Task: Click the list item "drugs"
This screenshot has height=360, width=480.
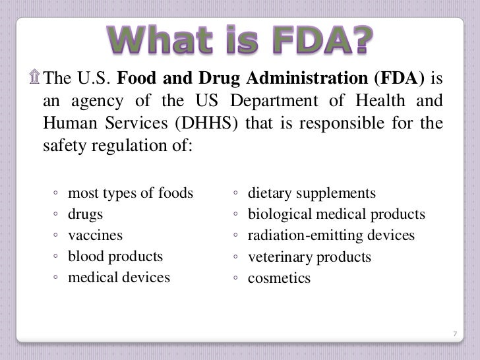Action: tap(86, 214)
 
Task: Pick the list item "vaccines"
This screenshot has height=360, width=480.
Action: tap(96, 235)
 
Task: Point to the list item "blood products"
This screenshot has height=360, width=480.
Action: tap(115, 256)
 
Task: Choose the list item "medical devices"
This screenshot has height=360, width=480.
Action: tap(119, 278)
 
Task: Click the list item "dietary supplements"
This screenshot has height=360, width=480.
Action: tap(311, 193)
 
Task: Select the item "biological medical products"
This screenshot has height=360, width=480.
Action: tap(336, 214)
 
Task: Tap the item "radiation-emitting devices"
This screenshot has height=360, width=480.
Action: tap(331, 235)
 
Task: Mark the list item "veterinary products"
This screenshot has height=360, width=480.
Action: tap(309, 257)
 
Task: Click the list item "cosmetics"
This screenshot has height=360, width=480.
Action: tap(279, 278)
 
